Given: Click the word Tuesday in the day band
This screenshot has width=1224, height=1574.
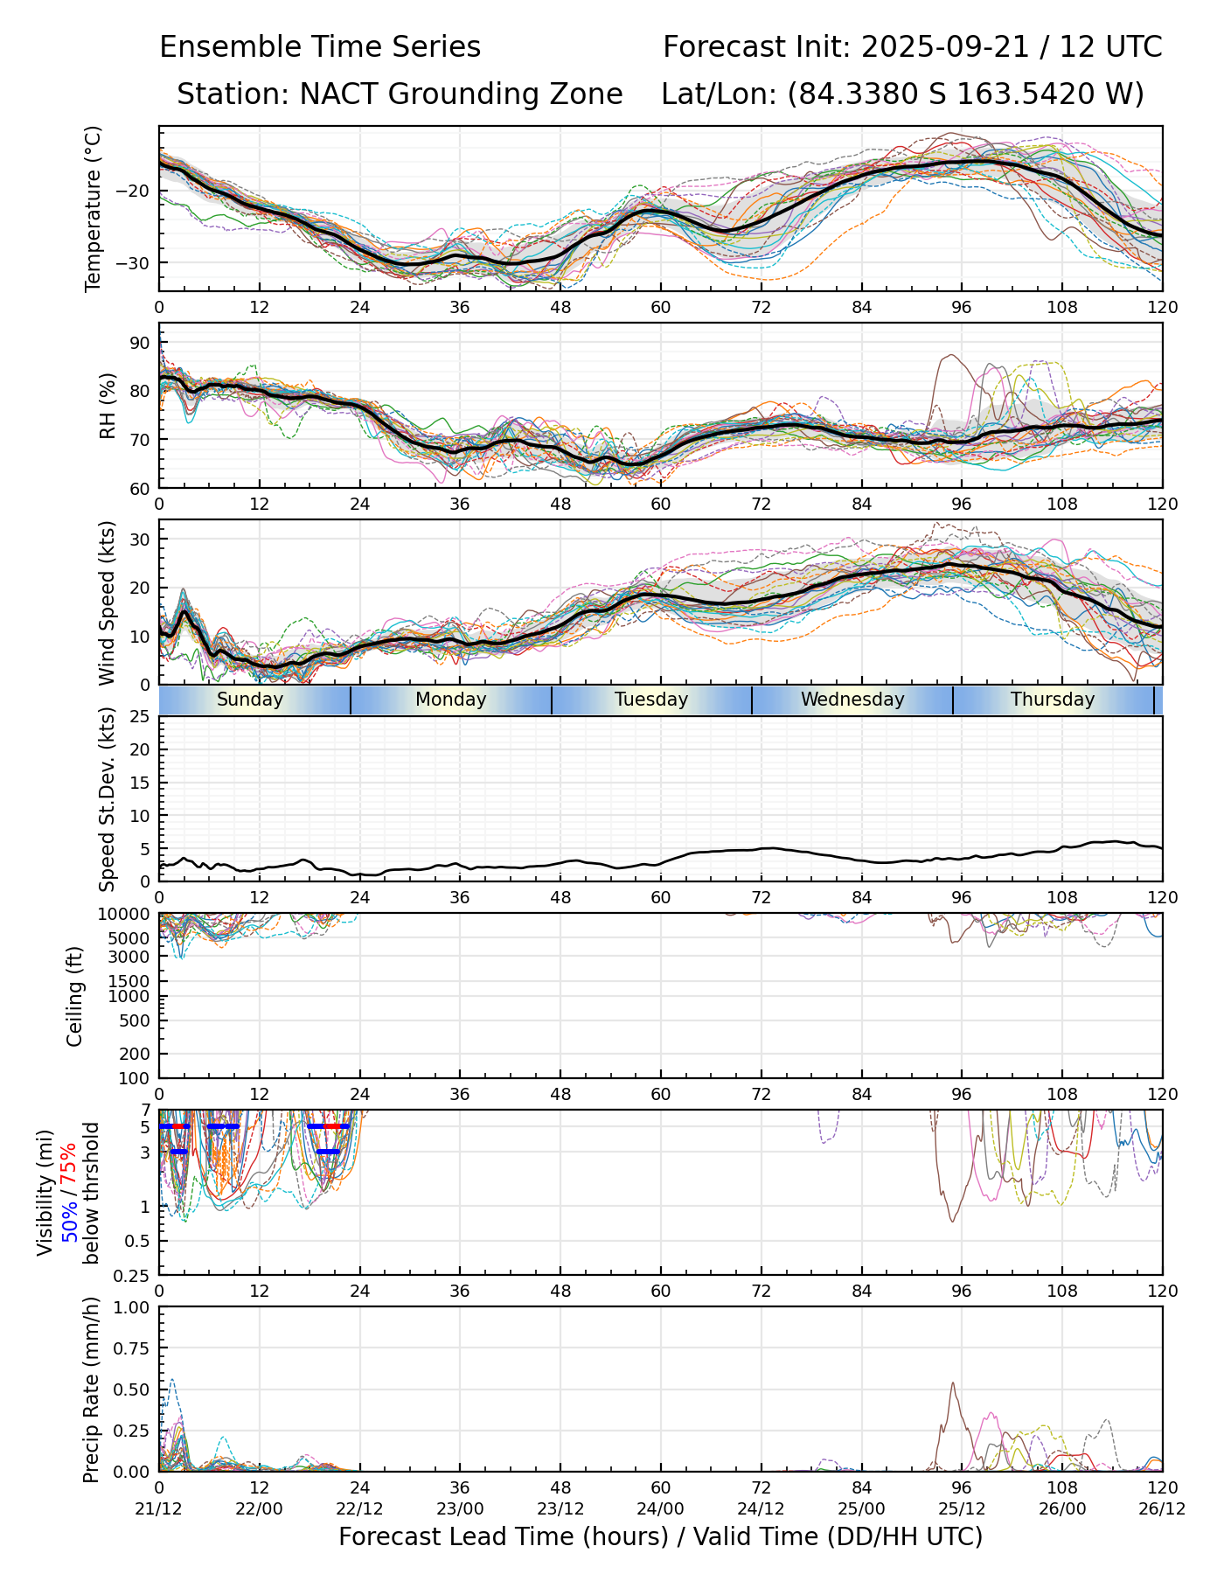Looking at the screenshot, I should point(651,700).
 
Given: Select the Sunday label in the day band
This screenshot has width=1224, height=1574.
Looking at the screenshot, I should point(250,700).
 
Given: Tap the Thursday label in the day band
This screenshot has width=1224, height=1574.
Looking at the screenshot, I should point(1053,700).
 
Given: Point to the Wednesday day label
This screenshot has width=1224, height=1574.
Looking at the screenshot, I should point(852,700).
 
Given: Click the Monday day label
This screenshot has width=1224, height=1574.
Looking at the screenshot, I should point(450,700).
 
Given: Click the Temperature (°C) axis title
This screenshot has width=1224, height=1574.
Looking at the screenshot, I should point(94,208).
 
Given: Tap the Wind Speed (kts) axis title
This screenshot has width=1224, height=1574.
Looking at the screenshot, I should point(107,602).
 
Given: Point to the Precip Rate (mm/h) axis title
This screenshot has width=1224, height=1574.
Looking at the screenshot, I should point(91,1389).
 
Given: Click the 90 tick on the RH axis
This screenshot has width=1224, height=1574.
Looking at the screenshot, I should point(140,342).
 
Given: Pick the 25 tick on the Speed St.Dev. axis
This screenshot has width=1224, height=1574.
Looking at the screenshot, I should point(140,717).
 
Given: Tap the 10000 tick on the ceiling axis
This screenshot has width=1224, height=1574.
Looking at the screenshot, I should point(127,915).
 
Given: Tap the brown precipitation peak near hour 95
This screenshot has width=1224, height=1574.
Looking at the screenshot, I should point(952,1383).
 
